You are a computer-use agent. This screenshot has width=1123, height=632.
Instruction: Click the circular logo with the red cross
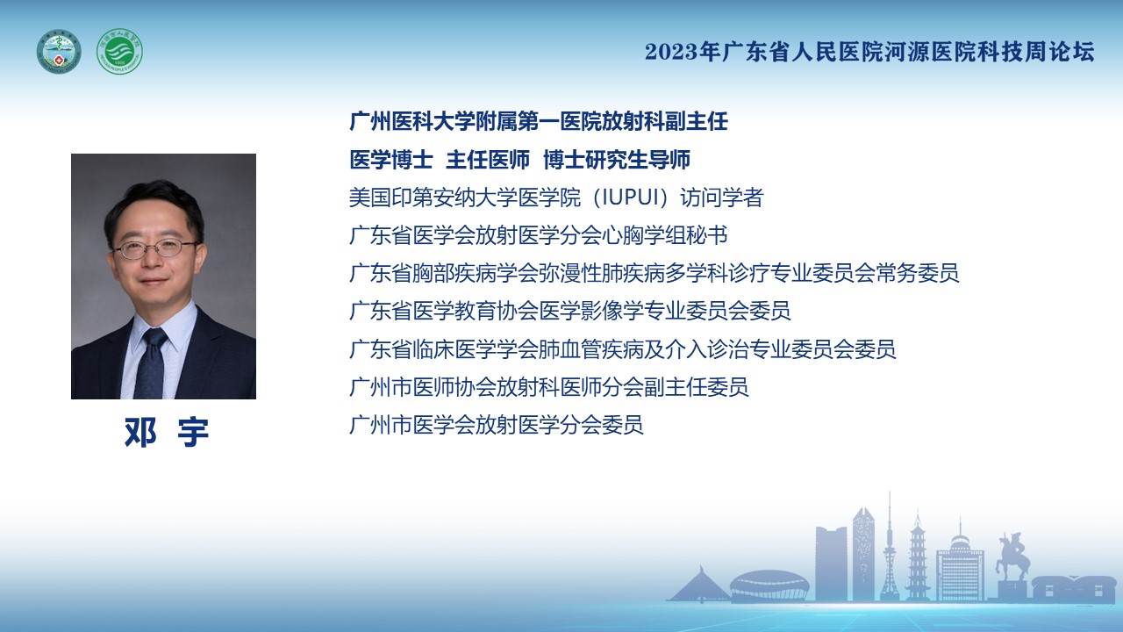click(59, 52)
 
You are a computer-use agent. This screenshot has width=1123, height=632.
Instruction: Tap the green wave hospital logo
click(119, 52)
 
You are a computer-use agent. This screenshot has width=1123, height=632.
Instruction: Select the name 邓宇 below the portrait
click(167, 432)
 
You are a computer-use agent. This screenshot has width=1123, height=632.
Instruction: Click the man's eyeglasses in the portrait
click(154, 248)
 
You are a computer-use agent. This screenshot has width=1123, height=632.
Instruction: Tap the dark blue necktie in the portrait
click(151, 363)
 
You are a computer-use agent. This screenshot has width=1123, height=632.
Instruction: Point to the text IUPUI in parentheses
click(630, 197)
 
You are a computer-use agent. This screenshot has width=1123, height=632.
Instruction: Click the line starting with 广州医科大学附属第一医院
click(539, 121)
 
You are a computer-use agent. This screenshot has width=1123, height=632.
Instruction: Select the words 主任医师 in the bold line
click(487, 160)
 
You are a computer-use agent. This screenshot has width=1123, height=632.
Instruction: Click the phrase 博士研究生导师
click(617, 160)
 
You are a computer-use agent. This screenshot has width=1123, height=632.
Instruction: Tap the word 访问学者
click(721, 197)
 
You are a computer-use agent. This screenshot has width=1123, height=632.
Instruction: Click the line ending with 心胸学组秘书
click(539, 235)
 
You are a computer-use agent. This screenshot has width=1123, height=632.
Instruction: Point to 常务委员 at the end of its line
click(917, 273)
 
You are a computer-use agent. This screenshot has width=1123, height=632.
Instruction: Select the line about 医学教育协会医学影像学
click(570, 311)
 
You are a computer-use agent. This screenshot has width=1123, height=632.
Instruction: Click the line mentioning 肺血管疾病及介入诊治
click(623, 349)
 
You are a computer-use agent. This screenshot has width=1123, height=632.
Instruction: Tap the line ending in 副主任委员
click(549, 387)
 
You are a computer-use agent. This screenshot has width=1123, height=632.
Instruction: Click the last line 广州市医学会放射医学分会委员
click(497, 425)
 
